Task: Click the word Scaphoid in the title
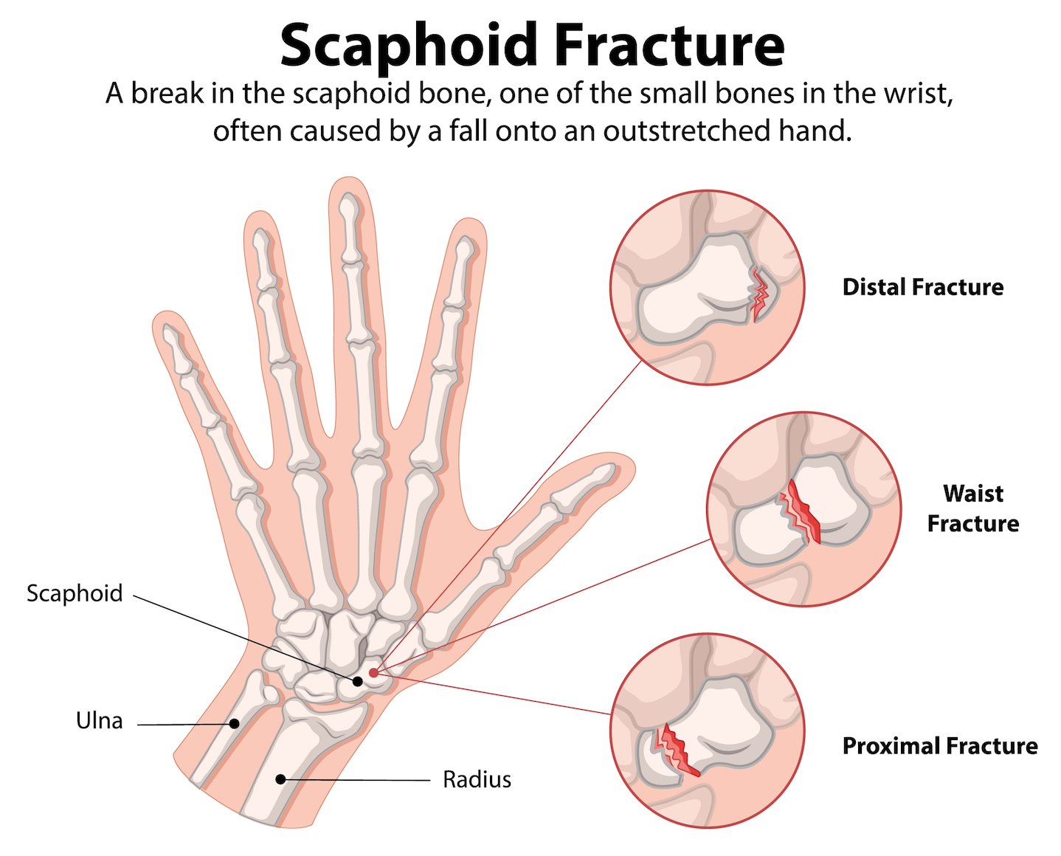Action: tap(409, 46)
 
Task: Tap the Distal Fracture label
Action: tap(922, 287)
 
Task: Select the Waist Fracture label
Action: tap(972, 508)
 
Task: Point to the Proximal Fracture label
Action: tap(939, 746)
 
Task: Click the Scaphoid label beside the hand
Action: tap(75, 593)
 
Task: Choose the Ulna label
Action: tap(100, 721)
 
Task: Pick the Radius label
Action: tap(477, 779)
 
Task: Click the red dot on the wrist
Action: tap(374, 672)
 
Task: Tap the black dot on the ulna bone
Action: tap(234, 724)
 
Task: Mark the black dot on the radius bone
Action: tap(280, 779)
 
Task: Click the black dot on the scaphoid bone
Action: tap(358, 681)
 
